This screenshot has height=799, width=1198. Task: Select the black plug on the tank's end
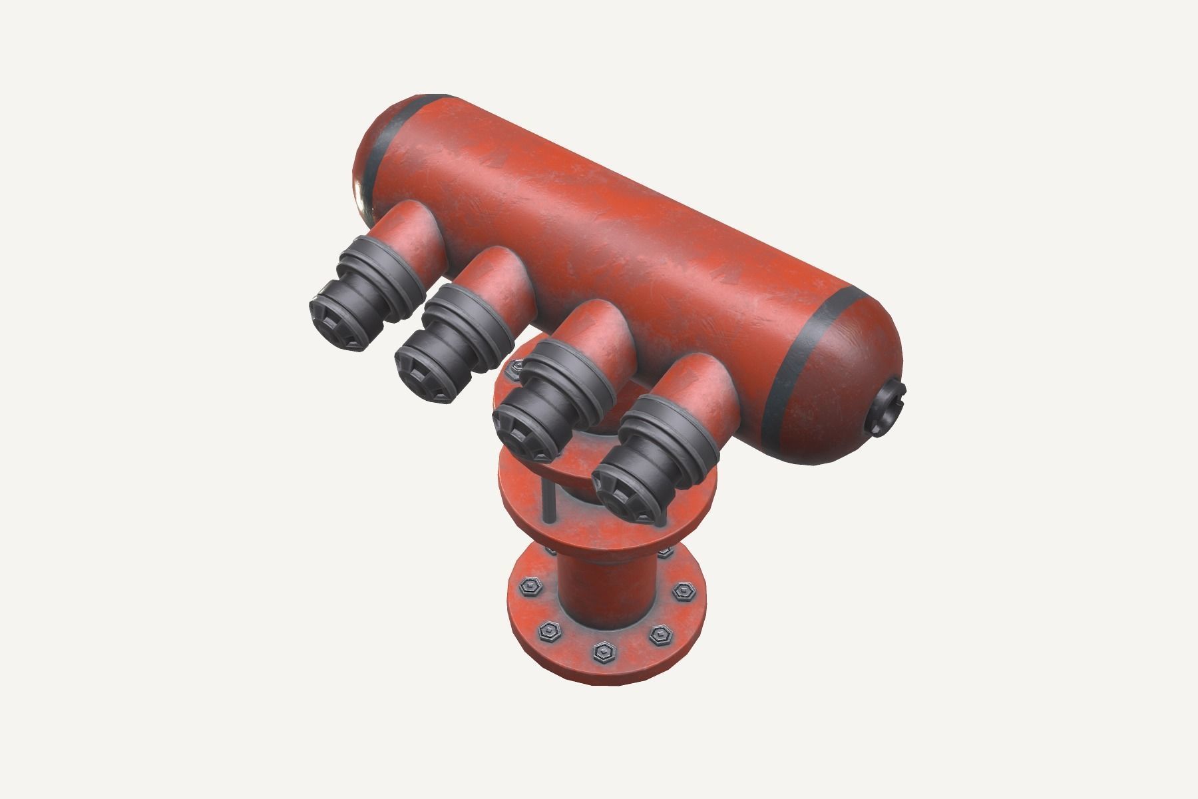click(x=888, y=410)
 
